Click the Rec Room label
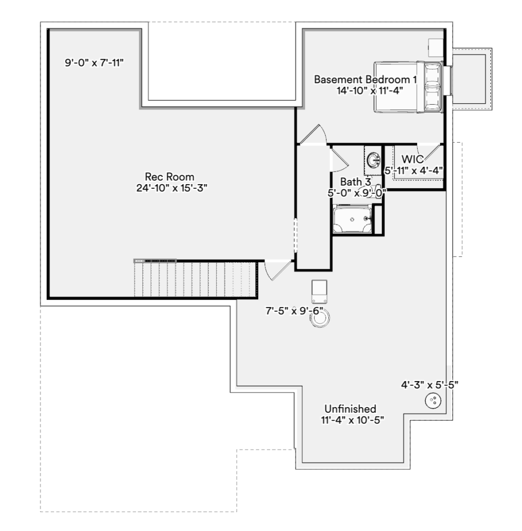[170, 177]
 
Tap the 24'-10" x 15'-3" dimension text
[171, 188]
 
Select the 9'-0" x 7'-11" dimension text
[95, 63]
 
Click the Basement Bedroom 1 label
[365, 79]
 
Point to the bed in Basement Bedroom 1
[408, 87]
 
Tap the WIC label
[412, 159]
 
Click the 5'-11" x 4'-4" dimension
[414, 170]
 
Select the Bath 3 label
[355, 182]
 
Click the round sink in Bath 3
[373, 159]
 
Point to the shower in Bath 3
[352, 219]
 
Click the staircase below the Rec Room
[195, 279]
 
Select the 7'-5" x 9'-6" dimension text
[295, 311]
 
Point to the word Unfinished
[351, 409]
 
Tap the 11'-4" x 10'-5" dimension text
[352, 420]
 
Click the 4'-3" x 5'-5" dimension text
[430, 385]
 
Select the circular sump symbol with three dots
[433, 401]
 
